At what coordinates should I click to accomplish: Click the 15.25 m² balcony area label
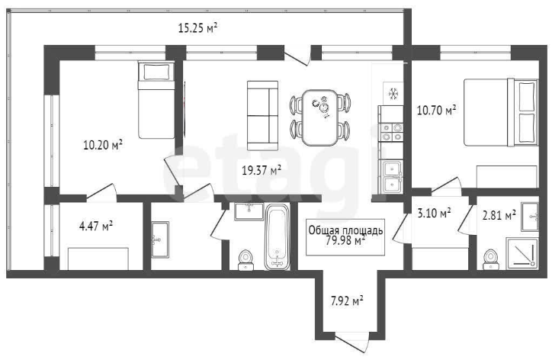[x=197, y=27]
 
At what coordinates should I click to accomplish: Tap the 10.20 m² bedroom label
[x=103, y=145]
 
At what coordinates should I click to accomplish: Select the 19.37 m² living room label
[x=262, y=171]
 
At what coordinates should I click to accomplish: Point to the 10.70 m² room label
[x=437, y=111]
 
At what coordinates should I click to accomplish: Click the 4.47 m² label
[x=96, y=226]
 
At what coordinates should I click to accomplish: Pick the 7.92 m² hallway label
[x=347, y=301]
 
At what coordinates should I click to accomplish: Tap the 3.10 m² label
[x=434, y=213]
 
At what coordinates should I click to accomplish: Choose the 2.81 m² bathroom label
[x=499, y=215]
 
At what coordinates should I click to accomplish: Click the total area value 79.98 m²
[x=345, y=241]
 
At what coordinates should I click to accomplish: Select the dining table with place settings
[x=319, y=117]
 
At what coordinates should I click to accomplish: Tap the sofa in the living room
[x=262, y=115]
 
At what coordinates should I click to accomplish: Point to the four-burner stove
[x=391, y=132]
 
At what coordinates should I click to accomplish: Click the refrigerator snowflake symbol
[x=393, y=95]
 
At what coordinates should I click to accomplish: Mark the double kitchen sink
[x=391, y=177]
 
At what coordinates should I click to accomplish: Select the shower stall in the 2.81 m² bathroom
[x=522, y=254]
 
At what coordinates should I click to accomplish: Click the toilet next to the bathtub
[x=246, y=260]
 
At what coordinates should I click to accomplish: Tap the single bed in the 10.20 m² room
[x=156, y=100]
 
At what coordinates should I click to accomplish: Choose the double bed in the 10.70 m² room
[x=501, y=112]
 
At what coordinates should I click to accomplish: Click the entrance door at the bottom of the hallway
[x=352, y=342]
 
